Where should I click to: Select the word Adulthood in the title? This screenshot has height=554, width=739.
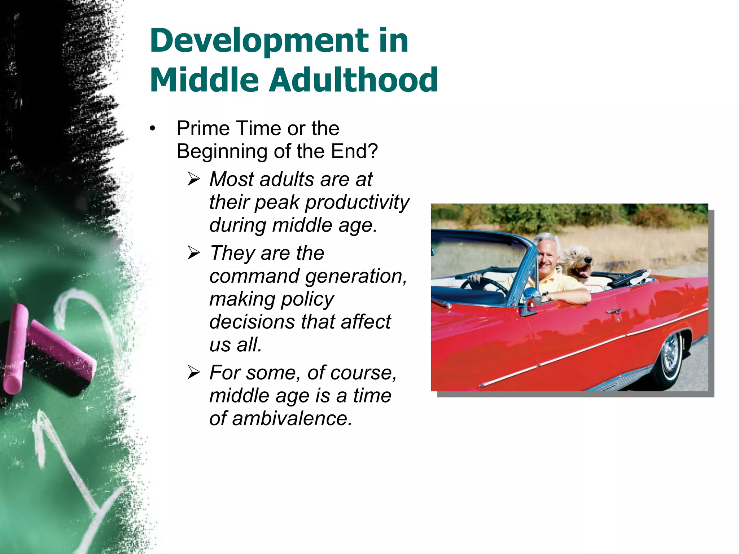(x=354, y=80)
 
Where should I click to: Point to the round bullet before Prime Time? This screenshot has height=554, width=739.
(x=153, y=129)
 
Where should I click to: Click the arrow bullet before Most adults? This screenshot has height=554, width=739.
(x=194, y=179)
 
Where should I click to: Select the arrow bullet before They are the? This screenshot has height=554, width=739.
(x=194, y=253)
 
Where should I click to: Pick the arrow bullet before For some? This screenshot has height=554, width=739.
(x=194, y=373)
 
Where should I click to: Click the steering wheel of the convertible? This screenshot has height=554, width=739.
(x=484, y=285)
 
